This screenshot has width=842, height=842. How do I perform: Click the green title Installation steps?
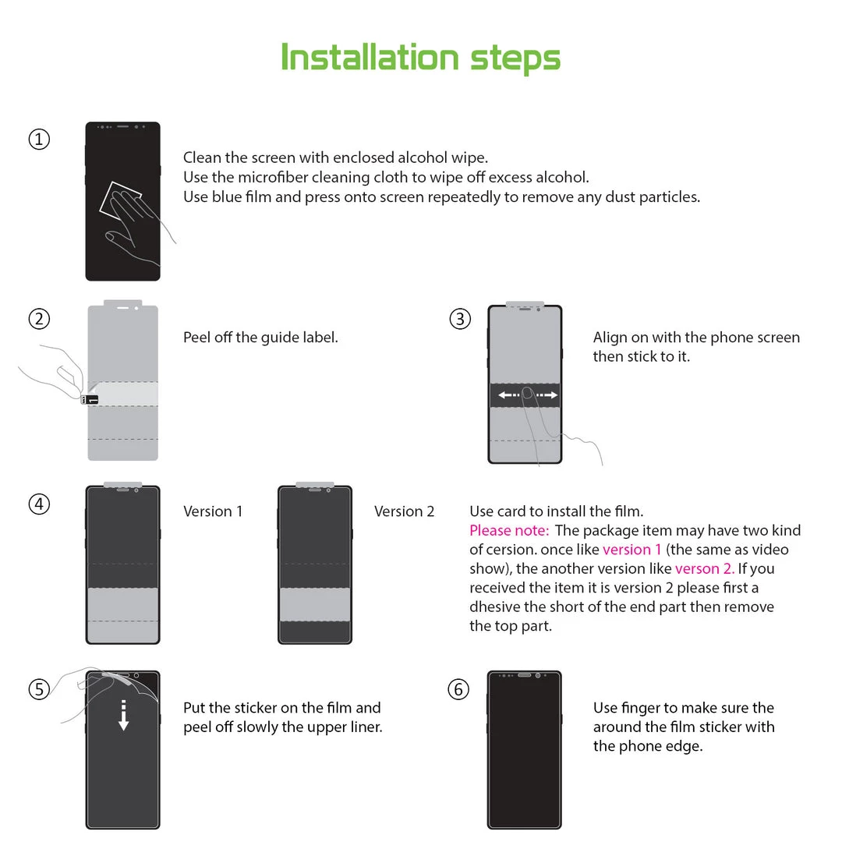(420, 58)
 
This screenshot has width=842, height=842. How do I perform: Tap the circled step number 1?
(39, 140)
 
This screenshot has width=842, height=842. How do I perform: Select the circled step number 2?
(39, 319)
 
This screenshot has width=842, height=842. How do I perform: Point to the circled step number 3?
(460, 319)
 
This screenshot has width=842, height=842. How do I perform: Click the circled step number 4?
(39, 504)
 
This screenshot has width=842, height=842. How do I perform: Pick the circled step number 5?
(39, 689)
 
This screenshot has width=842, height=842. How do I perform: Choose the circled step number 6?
(458, 689)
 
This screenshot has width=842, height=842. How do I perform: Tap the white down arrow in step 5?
(123, 715)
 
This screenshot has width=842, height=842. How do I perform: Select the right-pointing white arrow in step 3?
(548, 395)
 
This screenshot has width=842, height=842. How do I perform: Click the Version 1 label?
(213, 511)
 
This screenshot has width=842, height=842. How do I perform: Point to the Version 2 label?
(404, 511)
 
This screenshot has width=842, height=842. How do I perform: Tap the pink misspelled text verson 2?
(705, 569)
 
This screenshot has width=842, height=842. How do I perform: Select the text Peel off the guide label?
(260, 338)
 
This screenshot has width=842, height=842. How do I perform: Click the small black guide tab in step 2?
(90, 400)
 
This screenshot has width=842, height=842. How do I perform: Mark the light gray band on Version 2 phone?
(315, 604)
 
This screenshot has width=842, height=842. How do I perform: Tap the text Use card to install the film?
(556, 511)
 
